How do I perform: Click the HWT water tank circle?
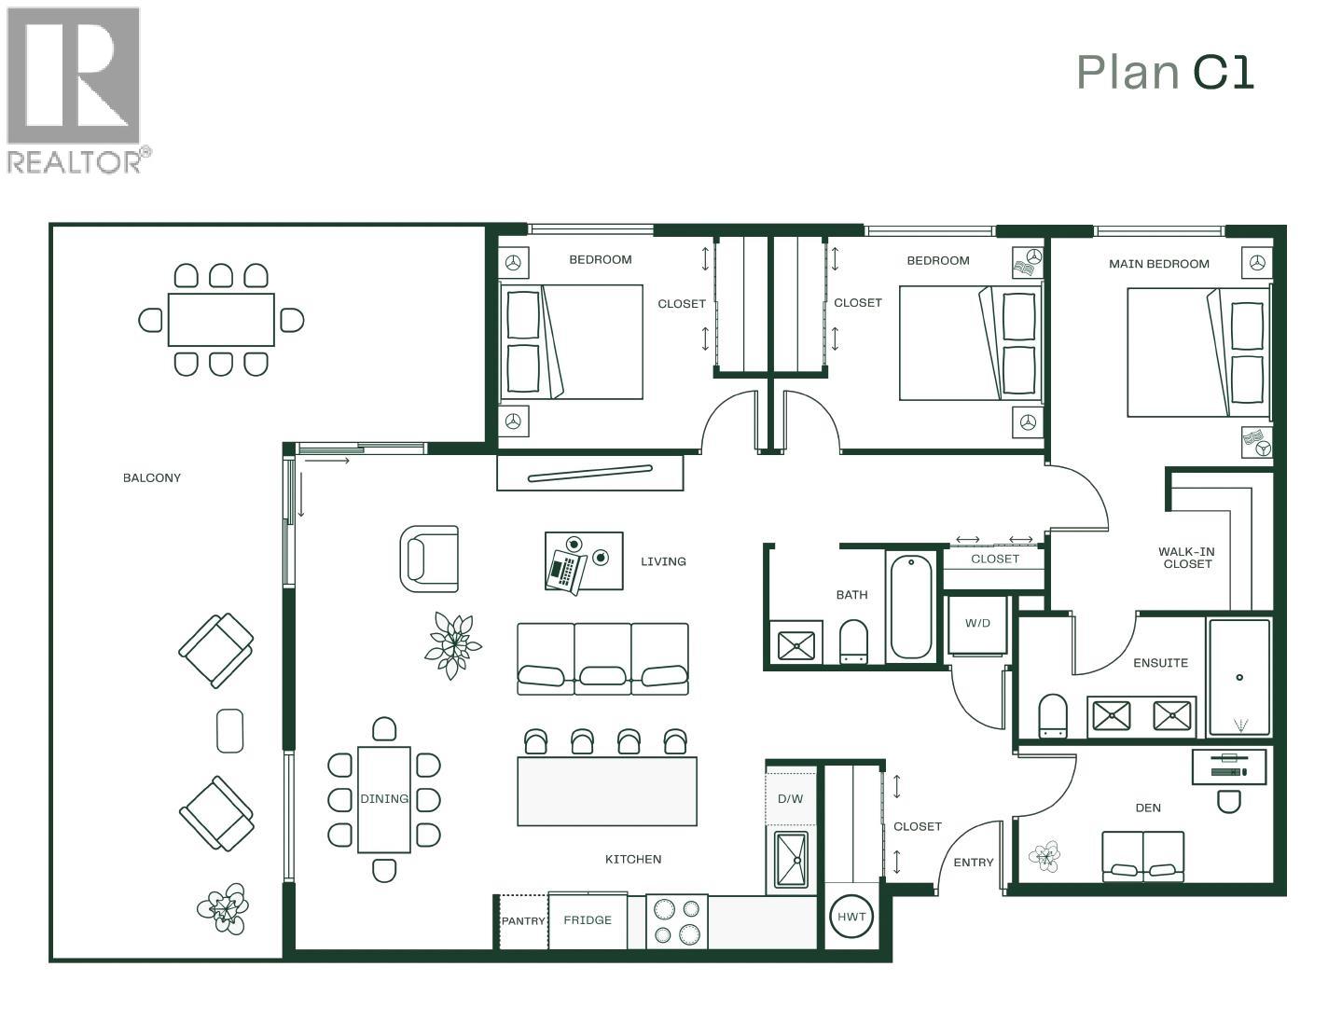tap(851, 917)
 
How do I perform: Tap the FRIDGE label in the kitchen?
tap(588, 920)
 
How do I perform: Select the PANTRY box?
tap(523, 921)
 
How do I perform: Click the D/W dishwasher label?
tap(790, 799)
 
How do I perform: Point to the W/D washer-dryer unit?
tap(977, 624)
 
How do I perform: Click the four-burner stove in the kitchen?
tap(676, 921)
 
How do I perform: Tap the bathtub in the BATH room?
tap(910, 607)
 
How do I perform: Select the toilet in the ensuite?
tap(1053, 715)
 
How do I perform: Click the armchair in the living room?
tap(430, 559)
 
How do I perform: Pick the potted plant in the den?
tap(1044, 856)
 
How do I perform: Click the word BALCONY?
tap(152, 478)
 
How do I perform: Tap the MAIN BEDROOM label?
tap(1158, 264)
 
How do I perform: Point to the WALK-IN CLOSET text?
tap(1186, 558)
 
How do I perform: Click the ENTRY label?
tap(973, 863)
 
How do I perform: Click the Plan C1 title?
tap(1165, 73)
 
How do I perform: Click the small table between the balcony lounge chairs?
tap(229, 731)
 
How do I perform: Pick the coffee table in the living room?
tap(584, 561)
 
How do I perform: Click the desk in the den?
tap(1229, 766)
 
